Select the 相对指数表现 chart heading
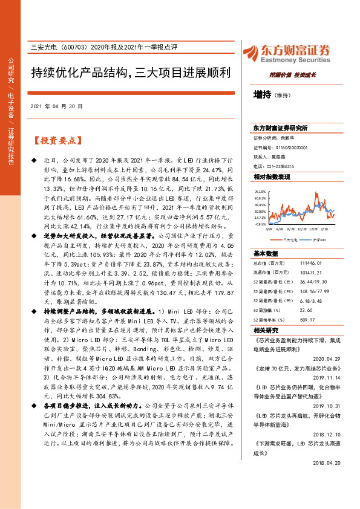click(x=272, y=177)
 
